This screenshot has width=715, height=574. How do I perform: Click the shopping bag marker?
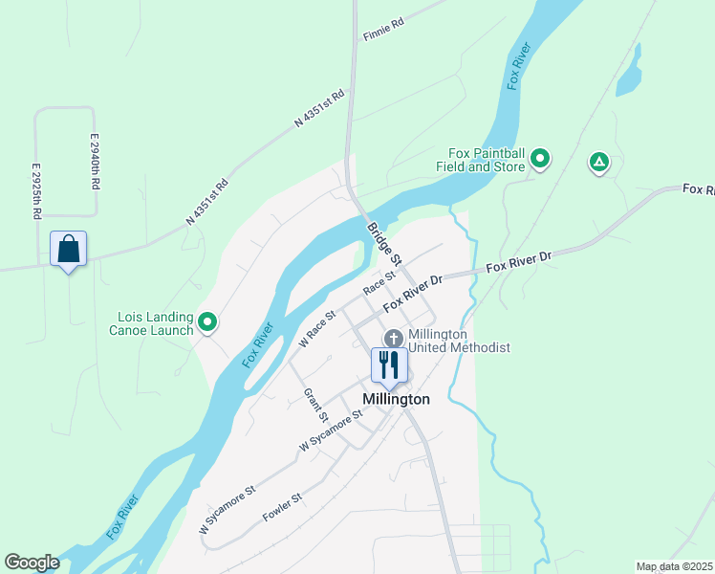(68, 250)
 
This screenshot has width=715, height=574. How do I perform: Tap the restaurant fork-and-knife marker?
(389, 364)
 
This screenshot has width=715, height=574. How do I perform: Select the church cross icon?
(393, 339)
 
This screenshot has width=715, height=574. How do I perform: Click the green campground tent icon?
(599, 163)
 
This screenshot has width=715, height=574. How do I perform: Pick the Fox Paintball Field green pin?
(540, 159)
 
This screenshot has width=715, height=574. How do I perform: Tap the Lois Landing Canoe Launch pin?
(206, 321)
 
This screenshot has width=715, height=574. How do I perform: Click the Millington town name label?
(396, 399)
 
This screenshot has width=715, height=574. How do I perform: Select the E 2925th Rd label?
(36, 191)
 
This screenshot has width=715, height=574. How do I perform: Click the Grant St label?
(316, 406)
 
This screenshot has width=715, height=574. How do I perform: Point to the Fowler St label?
(282, 508)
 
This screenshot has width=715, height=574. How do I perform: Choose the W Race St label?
(317, 328)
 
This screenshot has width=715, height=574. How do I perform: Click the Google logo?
(32, 563)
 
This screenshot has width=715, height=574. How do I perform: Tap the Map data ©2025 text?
(674, 566)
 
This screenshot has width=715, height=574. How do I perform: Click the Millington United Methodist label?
(459, 341)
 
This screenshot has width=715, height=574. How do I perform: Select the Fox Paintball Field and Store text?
(487, 160)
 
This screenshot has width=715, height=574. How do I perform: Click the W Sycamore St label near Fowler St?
(227, 509)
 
